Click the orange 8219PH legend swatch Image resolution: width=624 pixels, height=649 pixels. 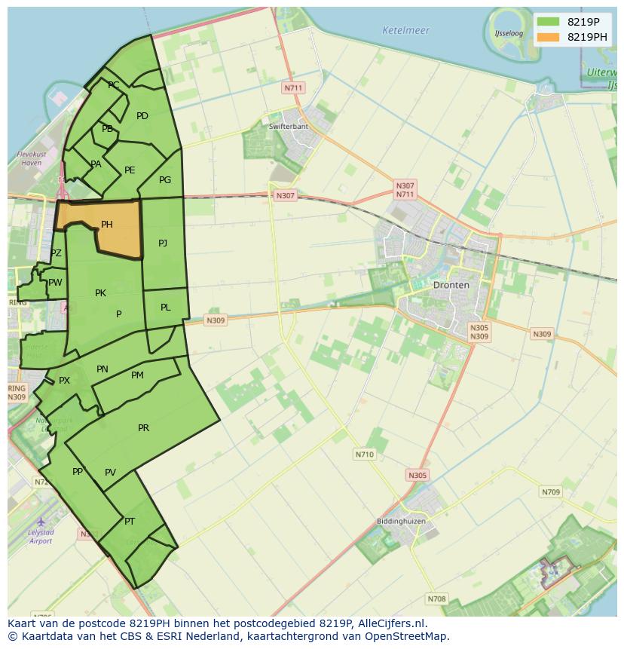click(x=549, y=37)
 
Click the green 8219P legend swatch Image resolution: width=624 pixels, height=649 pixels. click(x=549, y=22)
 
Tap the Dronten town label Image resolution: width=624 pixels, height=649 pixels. click(x=451, y=285)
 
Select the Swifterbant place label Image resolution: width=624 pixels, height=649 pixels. click(x=289, y=126)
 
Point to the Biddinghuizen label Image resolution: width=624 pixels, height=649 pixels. click(x=401, y=521)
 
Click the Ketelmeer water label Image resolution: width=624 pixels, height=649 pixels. click(x=405, y=31)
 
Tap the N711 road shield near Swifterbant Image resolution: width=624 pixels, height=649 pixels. click(x=293, y=88)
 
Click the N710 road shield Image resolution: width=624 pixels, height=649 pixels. click(x=364, y=455)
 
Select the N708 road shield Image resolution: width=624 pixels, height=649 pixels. click(x=436, y=599)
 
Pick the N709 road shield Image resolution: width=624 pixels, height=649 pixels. click(x=550, y=492)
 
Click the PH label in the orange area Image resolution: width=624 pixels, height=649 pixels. click(x=107, y=225)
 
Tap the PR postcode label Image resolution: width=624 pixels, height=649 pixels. click(x=143, y=428)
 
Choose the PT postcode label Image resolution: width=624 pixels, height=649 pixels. click(x=130, y=522)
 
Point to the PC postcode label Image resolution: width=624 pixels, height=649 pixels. click(x=113, y=85)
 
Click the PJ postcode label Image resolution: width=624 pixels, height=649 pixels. click(x=163, y=243)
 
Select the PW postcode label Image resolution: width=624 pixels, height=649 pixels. click(x=55, y=283)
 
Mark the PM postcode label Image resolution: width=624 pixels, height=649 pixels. click(x=137, y=375)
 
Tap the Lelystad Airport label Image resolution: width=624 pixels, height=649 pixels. click(x=41, y=537)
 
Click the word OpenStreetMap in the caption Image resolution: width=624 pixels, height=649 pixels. click(x=410, y=636)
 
